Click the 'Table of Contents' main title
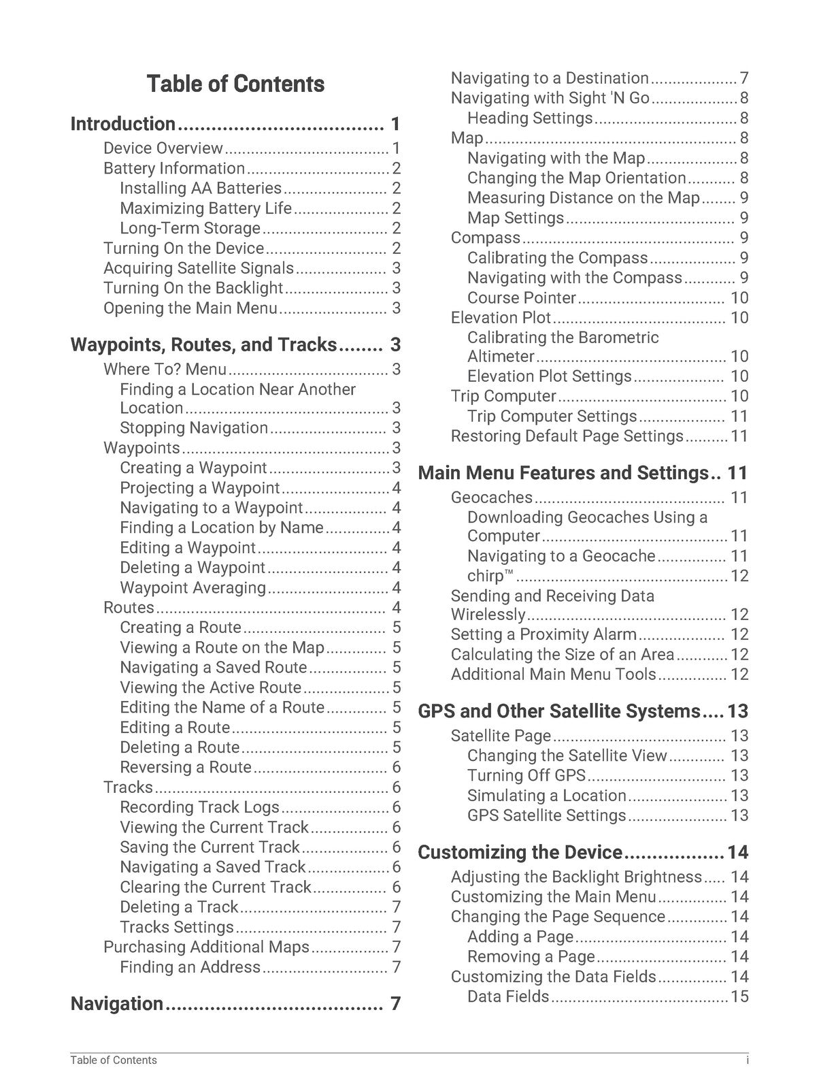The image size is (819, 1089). tap(235, 84)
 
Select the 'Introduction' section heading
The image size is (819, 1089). tap(123, 125)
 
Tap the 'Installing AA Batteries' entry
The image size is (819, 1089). tap(201, 189)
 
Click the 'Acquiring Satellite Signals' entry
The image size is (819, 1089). tap(199, 268)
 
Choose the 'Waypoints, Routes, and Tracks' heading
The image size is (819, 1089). tap(203, 345)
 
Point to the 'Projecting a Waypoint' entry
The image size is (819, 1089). tap(200, 488)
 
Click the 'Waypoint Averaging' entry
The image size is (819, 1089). tap(193, 588)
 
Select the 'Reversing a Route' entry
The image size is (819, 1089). tap(186, 768)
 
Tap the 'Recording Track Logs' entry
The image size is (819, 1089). tap(200, 808)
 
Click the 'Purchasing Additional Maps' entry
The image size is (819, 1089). tap(206, 947)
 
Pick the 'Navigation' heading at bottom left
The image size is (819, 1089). tap(117, 1004)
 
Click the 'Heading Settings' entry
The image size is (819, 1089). tap(530, 118)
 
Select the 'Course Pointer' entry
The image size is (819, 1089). tap(522, 298)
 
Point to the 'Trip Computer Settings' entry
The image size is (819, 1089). tap(552, 417)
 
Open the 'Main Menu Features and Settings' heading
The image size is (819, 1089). tap(563, 473)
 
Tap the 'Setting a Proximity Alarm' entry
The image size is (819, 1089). tap(544, 635)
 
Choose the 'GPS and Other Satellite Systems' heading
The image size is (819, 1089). tap(558, 711)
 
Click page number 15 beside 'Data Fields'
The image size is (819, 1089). tap(739, 997)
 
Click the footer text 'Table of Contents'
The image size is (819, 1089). tap(114, 1060)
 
